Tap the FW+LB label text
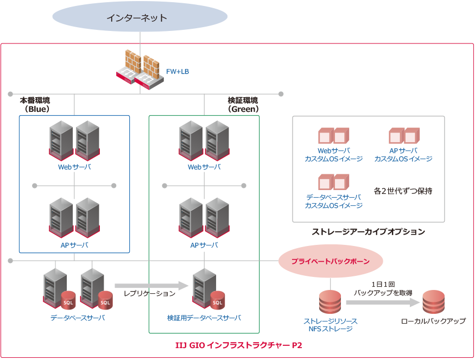point(178,71)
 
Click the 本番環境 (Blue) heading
point(35,104)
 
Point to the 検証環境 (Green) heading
point(243,104)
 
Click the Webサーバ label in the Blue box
point(74,167)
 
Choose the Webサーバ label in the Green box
point(204,167)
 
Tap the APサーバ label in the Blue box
point(74,245)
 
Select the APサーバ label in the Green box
point(204,245)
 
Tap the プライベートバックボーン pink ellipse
point(330,262)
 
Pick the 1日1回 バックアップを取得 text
point(383,288)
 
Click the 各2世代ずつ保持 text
point(403,191)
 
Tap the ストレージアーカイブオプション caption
point(368,231)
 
